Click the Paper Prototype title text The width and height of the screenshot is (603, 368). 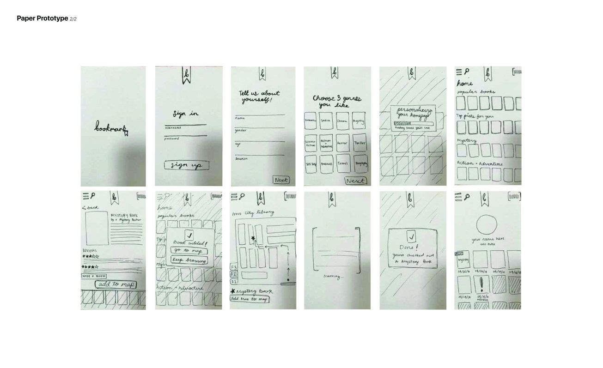click(x=42, y=18)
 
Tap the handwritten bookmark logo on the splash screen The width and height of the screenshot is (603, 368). click(x=111, y=128)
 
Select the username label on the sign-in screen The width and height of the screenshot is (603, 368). click(x=173, y=127)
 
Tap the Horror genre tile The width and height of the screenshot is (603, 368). click(x=343, y=144)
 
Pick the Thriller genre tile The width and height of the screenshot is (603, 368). click(x=359, y=144)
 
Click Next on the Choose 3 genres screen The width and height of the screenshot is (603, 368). click(x=356, y=181)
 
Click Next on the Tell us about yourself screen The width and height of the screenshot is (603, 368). click(x=280, y=180)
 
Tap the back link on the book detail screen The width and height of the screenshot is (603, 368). click(x=91, y=207)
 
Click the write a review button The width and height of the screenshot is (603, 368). click(x=94, y=276)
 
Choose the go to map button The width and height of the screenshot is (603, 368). click(x=189, y=250)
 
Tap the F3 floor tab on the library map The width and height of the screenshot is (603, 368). click(x=234, y=267)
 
